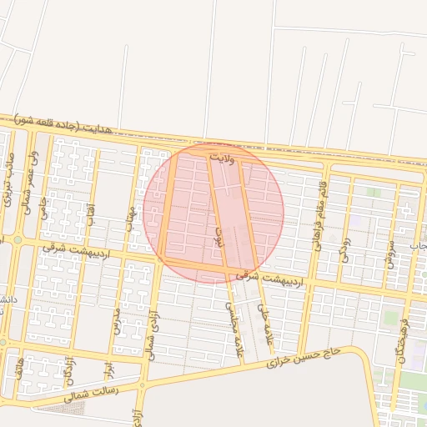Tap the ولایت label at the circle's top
coord(224,156)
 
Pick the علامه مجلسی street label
coord(233,324)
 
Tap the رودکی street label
coord(345,248)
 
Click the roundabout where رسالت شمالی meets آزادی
coord(141,386)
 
